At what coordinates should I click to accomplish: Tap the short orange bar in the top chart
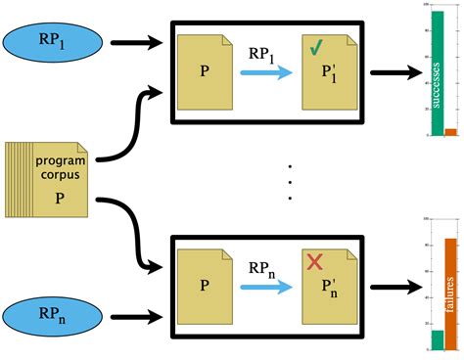[450, 132]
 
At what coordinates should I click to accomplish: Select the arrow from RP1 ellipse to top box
[136, 43]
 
